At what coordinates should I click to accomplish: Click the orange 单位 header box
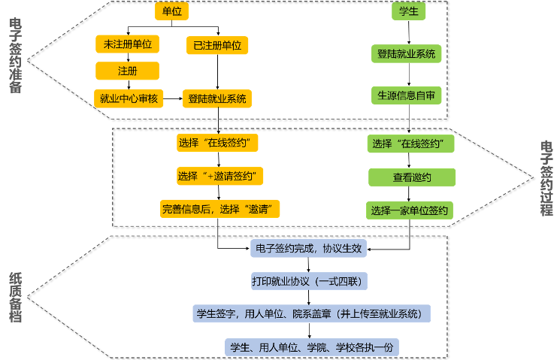tap(171, 11)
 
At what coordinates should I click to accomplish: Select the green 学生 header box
tap(409, 11)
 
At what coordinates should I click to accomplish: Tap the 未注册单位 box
tap(128, 44)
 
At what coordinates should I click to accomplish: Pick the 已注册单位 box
tap(217, 45)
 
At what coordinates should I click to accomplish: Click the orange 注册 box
tap(128, 71)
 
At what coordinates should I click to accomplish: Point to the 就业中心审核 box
tap(129, 98)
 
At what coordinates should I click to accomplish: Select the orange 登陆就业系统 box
tap(217, 98)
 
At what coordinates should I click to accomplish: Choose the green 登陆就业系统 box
tap(407, 54)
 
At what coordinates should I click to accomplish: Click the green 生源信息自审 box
tap(407, 95)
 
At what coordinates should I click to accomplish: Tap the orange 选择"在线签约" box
tap(213, 142)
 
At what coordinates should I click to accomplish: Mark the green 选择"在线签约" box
tap(412, 144)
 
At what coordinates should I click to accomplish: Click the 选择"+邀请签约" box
tap(220, 176)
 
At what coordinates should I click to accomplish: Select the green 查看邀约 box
tap(412, 177)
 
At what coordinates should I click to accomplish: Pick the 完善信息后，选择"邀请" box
tap(220, 209)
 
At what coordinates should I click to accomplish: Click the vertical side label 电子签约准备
tap(15, 56)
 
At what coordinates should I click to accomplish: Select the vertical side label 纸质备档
tap(15, 298)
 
